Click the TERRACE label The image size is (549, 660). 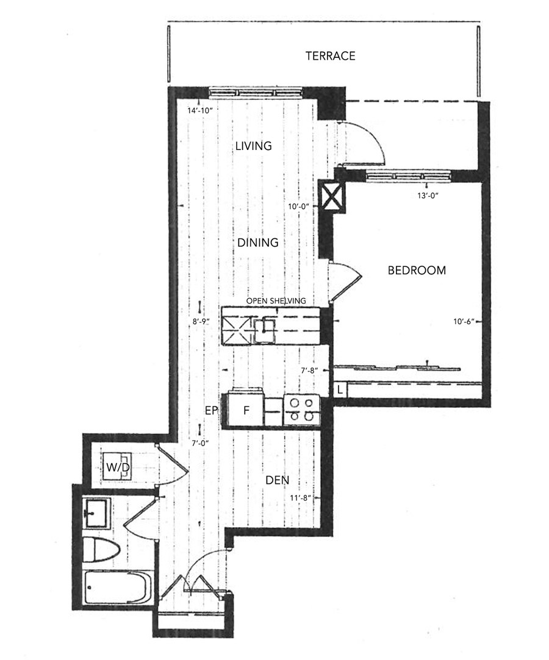point(331,55)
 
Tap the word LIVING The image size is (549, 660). point(253,146)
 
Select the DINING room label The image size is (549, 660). point(258,243)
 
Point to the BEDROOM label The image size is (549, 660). point(417,270)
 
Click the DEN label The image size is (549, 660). point(277,480)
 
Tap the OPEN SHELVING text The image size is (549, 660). point(276,301)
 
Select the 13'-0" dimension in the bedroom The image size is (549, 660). point(428,196)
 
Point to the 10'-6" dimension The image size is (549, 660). point(464,322)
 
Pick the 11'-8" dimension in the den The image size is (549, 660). point(300,497)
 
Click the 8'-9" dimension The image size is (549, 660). point(201,322)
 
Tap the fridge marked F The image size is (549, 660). point(246,410)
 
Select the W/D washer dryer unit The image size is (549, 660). point(117,466)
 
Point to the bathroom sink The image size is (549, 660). point(97,513)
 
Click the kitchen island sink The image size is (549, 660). point(264,331)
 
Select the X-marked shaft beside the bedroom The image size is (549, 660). point(331,195)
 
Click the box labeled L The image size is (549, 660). point(340,390)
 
